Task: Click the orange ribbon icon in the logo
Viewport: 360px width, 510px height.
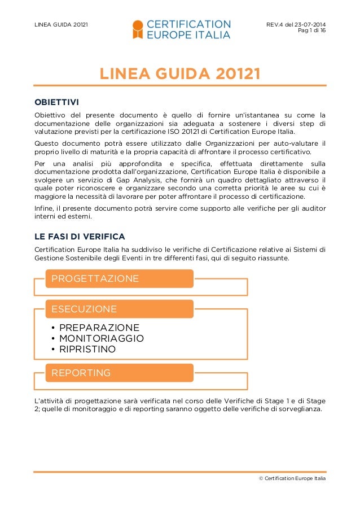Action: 137,29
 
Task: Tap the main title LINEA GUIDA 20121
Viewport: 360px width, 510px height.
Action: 179,74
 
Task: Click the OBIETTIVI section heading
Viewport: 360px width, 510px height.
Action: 56,102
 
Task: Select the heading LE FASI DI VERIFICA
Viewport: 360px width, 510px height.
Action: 80,236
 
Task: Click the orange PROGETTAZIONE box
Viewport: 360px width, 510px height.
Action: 120,278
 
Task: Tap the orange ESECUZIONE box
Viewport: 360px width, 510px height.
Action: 120,309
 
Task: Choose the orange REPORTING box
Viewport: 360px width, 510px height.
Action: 120,373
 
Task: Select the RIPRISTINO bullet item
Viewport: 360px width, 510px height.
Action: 87,350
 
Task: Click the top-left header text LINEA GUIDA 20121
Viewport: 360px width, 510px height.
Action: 61,24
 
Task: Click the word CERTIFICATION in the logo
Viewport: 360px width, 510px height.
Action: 188,24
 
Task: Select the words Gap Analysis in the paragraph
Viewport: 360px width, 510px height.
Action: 121,178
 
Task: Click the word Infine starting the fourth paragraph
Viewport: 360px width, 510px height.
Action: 45,208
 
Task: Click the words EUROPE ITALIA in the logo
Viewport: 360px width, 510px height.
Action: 188,35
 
